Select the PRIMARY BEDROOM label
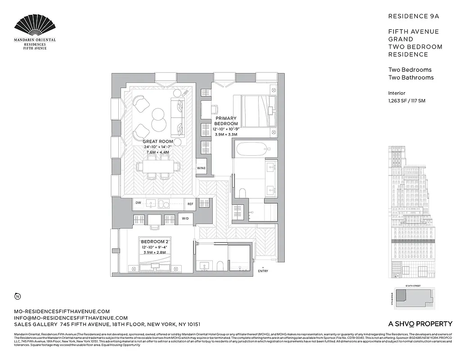point(226,121)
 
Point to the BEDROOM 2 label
point(154,241)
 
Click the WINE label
point(201,168)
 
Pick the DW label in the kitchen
point(138,203)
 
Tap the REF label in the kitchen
point(190,204)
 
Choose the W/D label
point(185,219)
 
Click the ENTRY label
point(263,271)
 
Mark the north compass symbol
point(17,296)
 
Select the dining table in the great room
point(157,167)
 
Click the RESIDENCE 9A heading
point(413,16)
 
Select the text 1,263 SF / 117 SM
point(407,101)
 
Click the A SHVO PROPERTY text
point(420,324)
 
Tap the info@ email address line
point(67,318)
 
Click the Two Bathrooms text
point(411,77)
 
